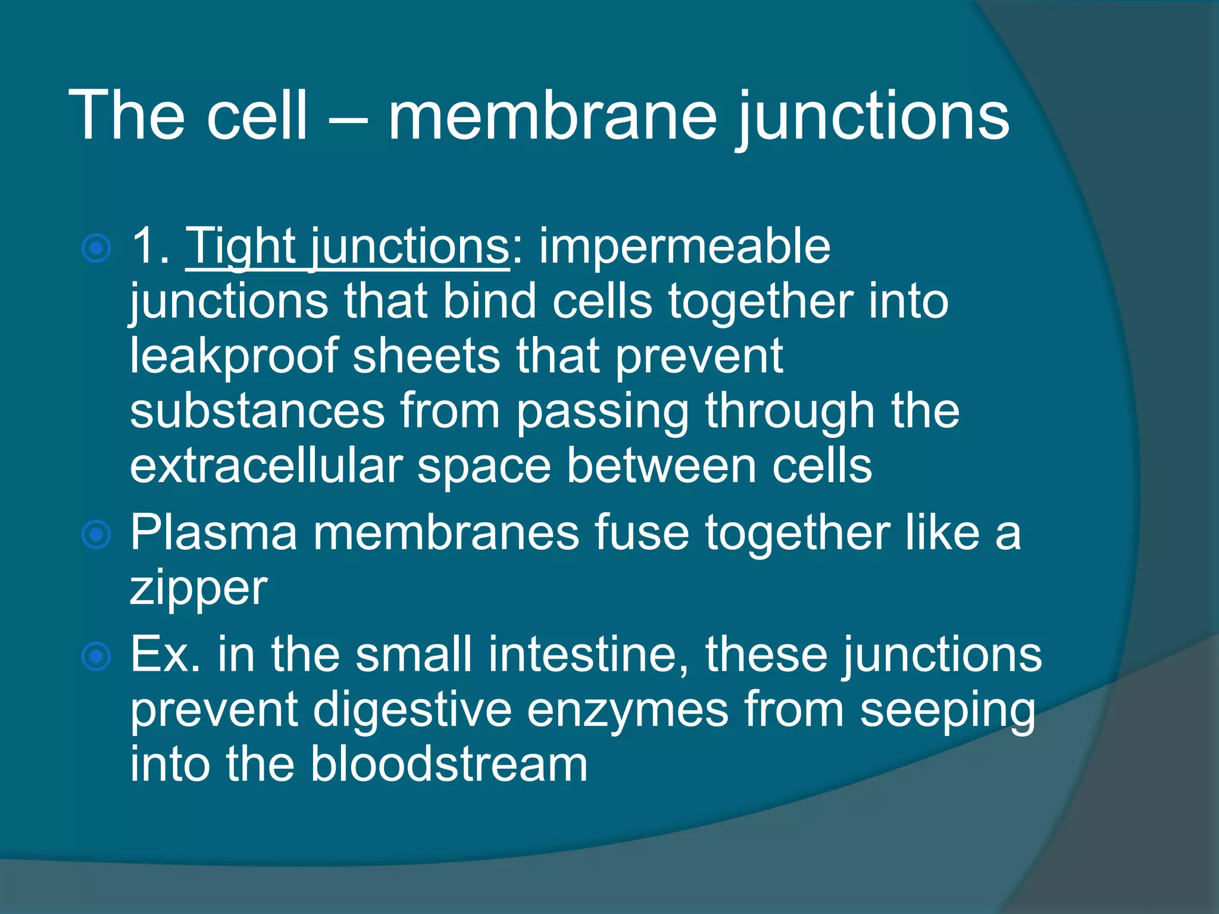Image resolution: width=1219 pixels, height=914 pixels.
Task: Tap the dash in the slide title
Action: tap(347, 119)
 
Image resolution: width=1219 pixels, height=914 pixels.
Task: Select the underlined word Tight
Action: tap(241, 246)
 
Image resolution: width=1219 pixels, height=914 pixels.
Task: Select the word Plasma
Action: tap(213, 533)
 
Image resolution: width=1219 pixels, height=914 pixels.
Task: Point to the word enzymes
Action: tap(627, 710)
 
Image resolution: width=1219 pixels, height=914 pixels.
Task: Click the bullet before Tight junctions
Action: tap(96, 248)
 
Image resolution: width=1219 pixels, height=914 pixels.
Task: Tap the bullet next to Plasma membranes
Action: tap(96, 534)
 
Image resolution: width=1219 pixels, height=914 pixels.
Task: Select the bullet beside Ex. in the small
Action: tap(96, 656)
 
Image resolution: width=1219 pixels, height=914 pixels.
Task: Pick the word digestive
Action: tap(412, 710)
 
